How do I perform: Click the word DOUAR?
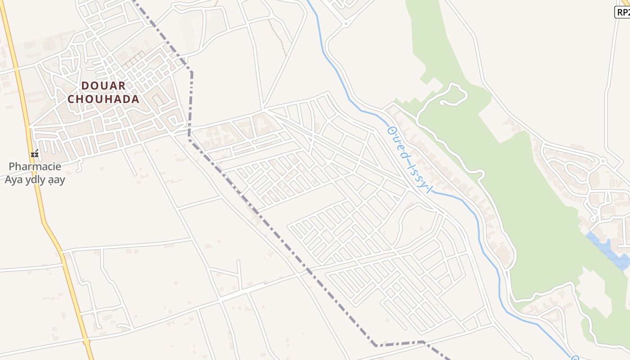click(103, 85)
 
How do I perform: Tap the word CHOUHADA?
click(103, 99)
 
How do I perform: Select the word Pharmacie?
click(35, 166)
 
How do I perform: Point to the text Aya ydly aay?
click(35, 180)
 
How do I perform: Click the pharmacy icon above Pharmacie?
click(35, 154)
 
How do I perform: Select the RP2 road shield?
click(623, 12)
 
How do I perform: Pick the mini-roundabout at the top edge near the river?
click(346, 22)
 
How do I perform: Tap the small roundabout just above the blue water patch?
click(593, 219)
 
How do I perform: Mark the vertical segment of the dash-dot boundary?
click(191, 103)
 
